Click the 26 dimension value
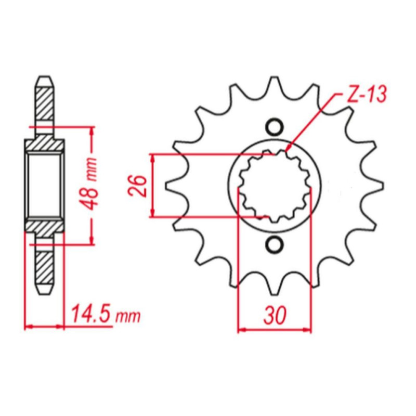tap(137, 186)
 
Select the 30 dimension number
tap(275, 316)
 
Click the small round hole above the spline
tap(275, 127)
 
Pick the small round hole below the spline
tap(275, 244)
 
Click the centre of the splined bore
tap(275, 186)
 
